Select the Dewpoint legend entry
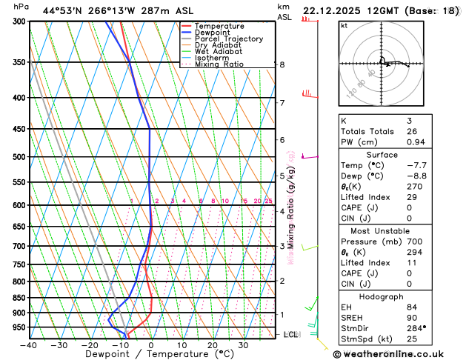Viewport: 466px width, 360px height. click(216, 33)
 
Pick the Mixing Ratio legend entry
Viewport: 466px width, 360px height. click(220, 64)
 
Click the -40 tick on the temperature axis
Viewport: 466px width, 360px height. click(29, 345)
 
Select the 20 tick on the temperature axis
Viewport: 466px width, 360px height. click(213, 345)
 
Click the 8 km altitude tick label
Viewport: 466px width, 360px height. click(282, 64)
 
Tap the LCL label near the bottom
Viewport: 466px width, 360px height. click(291, 335)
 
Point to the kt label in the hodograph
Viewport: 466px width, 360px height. click(344, 25)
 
